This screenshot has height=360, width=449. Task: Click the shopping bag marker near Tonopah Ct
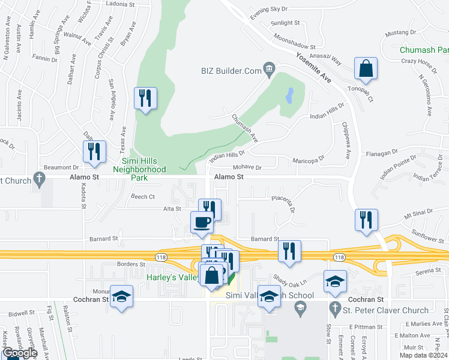coord(366,70)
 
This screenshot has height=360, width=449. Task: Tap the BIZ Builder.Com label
coord(231,71)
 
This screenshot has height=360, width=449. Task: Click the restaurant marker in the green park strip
coord(145,98)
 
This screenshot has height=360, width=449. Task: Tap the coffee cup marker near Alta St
coord(202,223)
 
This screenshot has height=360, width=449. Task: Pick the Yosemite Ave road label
coord(313,67)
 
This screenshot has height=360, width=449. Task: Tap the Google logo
coord(20,353)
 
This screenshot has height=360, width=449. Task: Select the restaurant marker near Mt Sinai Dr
coord(365,220)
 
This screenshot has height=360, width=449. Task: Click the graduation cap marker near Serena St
coord(336,282)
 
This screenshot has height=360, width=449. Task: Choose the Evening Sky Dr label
coord(269,11)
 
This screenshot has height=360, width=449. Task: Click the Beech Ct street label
coord(143,196)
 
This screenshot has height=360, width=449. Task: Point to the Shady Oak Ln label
coord(290,280)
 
